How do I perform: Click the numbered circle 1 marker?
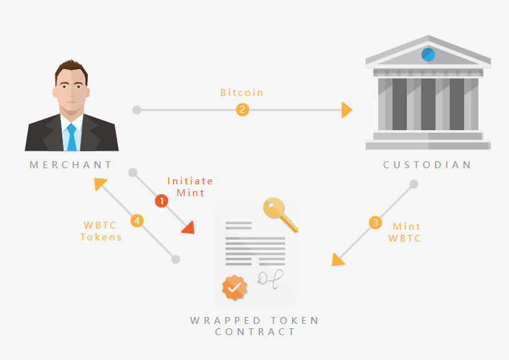tap(161, 201)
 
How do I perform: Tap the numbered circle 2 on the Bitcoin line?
tap(242, 110)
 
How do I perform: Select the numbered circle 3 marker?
tap(374, 222)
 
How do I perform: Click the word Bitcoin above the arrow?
tap(242, 93)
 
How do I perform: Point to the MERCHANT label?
tap(71, 165)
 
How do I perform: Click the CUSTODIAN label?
tap(427, 165)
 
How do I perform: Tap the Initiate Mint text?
tap(190, 187)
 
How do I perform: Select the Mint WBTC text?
tap(406, 232)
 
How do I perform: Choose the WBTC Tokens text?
tap(101, 231)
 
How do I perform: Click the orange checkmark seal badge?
tap(234, 287)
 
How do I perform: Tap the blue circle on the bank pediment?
tap(428, 54)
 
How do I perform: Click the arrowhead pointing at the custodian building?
tap(348, 110)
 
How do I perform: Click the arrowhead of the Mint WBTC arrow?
tap(338, 260)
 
